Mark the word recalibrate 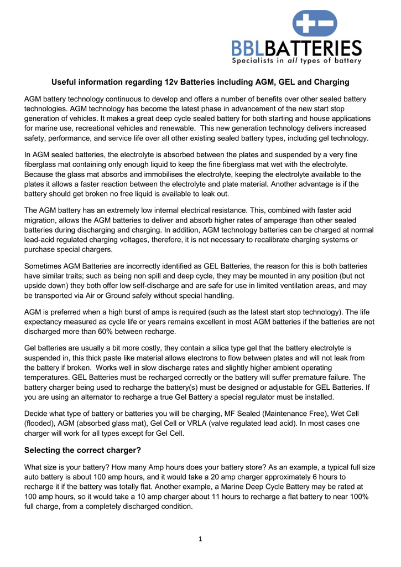coord(268,239)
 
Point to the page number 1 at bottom coord(200,539)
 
